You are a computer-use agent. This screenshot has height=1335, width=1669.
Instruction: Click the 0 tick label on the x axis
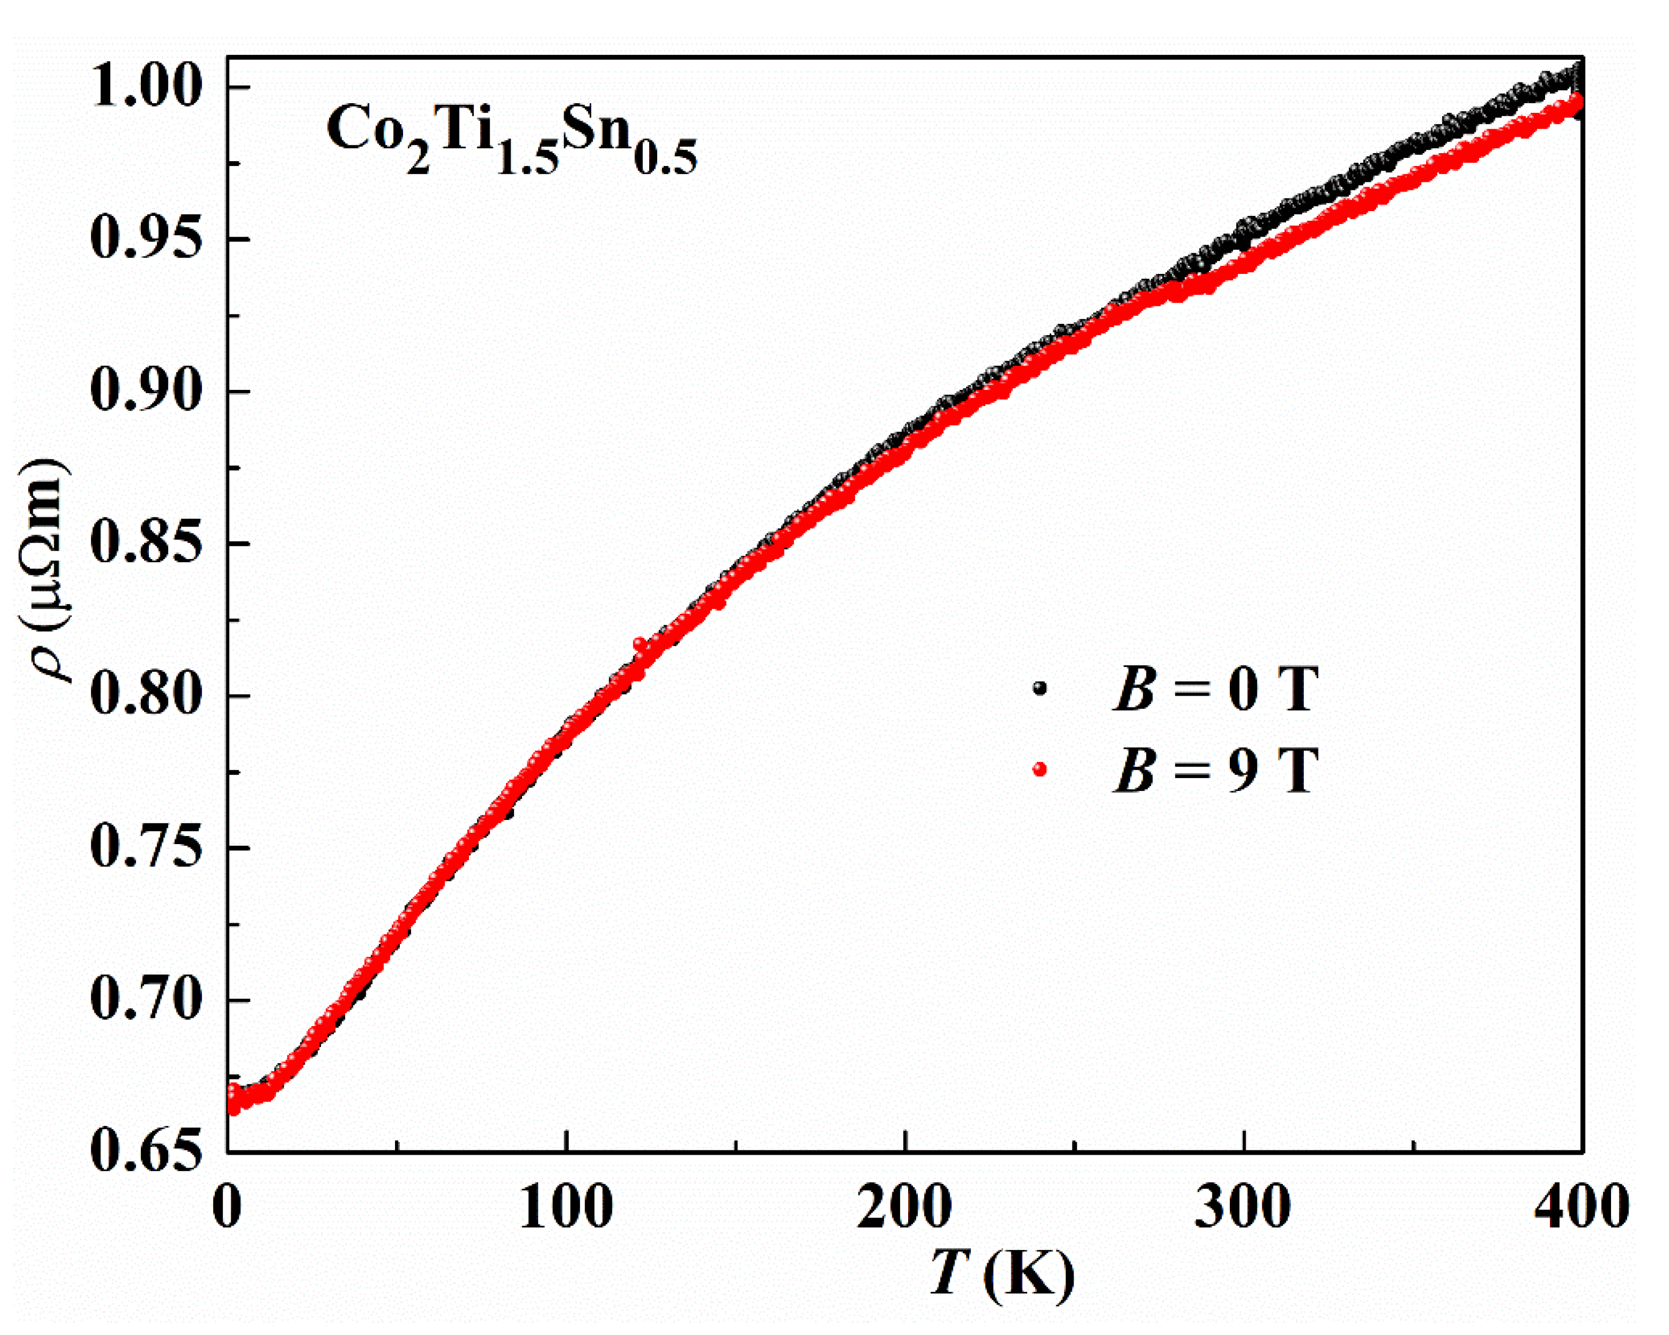pos(226,1207)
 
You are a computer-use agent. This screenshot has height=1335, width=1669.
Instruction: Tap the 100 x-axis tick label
pos(566,1207)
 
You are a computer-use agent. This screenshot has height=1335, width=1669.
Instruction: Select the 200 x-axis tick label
pos(904,1207)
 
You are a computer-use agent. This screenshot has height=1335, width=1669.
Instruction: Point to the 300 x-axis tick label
pos(1243,1207)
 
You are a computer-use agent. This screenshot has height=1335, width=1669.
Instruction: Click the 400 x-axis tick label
pos(1581,1207)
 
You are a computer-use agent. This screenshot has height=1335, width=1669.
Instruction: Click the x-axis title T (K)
pos(1002,1274)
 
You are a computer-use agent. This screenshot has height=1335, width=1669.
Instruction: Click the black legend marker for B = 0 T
pos(1039,688)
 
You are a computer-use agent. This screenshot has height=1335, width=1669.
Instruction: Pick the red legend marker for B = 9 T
pos(1039,769)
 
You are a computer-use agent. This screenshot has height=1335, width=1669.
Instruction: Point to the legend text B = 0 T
pos(1215,688)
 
